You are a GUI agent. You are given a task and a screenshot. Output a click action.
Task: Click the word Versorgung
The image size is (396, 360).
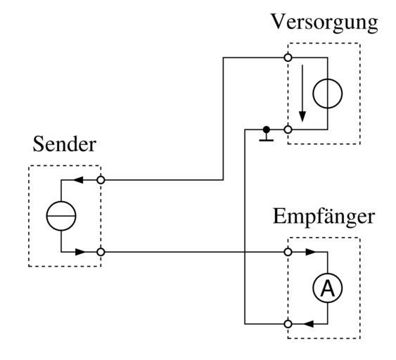point(324,23)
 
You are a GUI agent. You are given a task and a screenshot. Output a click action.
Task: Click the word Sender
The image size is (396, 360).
point(65,144)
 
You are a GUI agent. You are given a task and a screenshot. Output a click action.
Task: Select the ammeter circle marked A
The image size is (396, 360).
point(328,288)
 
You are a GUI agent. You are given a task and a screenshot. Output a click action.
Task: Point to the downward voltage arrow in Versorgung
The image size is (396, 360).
point(302,93)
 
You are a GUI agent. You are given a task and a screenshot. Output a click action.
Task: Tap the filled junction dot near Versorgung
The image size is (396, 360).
point(266,130)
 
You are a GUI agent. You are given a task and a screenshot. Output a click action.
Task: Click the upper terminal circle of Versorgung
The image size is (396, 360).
point(288,58)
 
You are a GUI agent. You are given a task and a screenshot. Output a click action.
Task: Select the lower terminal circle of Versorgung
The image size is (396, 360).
point(288,130)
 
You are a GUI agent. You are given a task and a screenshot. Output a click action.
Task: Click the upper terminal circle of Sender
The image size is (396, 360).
point(101,180)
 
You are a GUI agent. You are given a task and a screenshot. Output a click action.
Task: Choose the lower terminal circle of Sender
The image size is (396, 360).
point(101,252)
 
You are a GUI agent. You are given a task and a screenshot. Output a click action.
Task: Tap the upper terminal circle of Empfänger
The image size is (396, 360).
point(288,252)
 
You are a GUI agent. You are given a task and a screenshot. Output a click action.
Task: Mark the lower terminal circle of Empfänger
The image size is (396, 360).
point(288,324)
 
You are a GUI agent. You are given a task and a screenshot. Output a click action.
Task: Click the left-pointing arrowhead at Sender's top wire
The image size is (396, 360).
point(78,180)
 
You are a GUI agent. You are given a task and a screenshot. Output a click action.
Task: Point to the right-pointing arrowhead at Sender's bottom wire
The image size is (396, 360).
point(81,252)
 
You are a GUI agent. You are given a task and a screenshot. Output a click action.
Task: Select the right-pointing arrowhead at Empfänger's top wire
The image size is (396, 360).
point(311,252)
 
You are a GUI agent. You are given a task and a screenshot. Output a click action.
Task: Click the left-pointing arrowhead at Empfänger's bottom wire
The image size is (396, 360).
point(308,324)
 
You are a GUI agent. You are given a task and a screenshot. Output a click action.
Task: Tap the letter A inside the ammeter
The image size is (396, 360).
point(328,288)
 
